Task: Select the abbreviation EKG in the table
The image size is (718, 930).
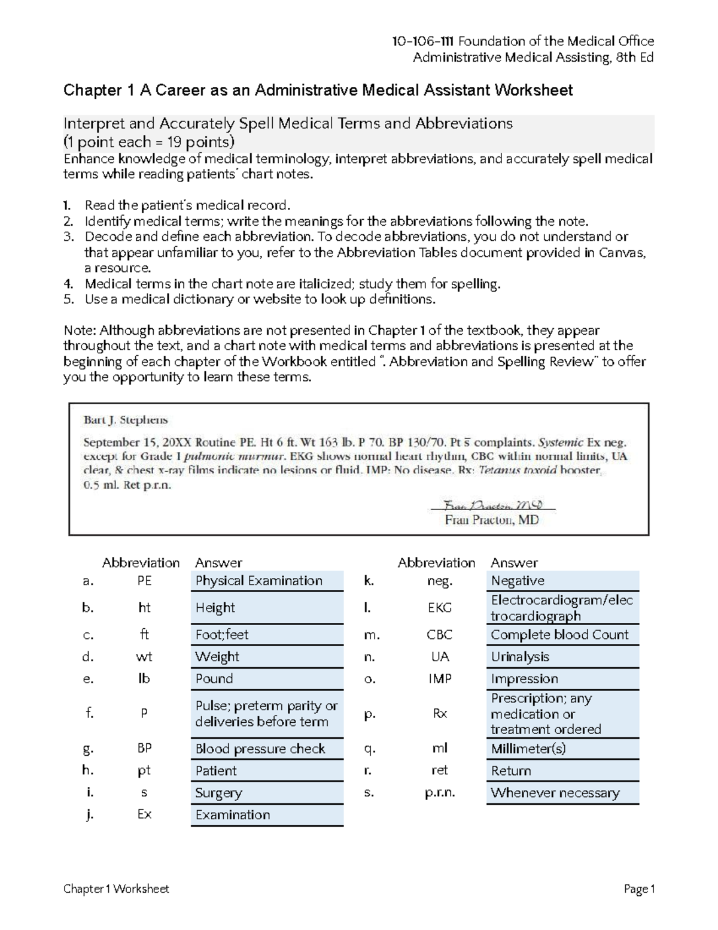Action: (440, 608)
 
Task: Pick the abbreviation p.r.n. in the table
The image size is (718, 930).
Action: (440, 793)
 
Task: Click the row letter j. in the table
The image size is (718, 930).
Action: (89, 814)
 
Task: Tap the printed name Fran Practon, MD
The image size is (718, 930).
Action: (492, 520)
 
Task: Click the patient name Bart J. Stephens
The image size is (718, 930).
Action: (126, 420)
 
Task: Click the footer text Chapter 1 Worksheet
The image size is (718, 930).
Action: (116, 889)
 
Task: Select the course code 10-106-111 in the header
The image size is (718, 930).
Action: (422, 41)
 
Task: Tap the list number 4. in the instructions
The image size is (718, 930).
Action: (68, 284)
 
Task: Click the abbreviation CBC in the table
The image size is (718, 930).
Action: (440, 635)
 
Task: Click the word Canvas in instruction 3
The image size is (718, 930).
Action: (623, 253)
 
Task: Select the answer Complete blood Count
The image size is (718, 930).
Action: (559, 635)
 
